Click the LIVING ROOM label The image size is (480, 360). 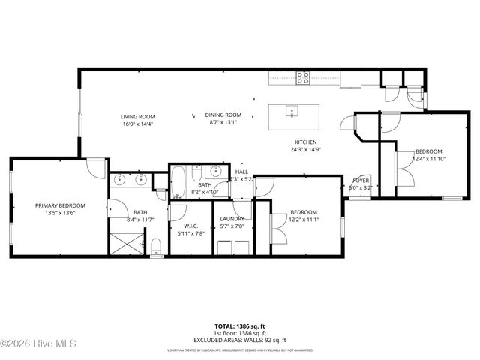coord(138,116)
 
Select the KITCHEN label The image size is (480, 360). coord(305,142)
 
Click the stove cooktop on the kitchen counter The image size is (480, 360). coord(304,75)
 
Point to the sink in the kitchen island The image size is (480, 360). coord(292,112)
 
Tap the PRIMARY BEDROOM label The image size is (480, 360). coord(60,205)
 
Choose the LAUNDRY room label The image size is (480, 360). coord(232,219)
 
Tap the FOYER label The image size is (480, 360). coord(361,181)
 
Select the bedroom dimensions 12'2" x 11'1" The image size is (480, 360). coord(304,220)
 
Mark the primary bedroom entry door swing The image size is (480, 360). coord(95,169)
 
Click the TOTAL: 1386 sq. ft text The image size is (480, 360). coord(239,325)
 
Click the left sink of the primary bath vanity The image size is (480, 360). coord(121,180)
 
